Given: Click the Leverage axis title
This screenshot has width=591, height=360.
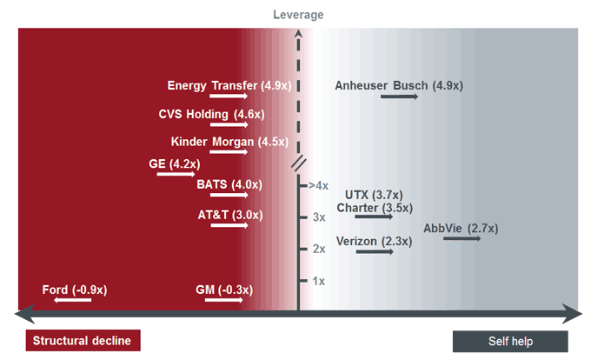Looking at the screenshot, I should (x=298, y=15).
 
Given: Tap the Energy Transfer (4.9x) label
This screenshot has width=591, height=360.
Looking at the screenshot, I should (x=229, y=85).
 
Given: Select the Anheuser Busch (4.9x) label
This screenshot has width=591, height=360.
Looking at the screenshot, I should (x=399, y=85).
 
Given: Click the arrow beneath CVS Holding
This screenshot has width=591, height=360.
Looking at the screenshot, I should (x=229, y=125).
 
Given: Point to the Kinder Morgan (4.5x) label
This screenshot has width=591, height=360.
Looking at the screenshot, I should (x=229, y=142).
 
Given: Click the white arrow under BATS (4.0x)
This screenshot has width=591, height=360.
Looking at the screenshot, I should (x=229, y=196).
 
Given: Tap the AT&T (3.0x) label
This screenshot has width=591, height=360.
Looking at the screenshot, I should (x=229, y=215).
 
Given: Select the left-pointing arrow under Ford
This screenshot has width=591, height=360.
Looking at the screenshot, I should (x=72, y=300).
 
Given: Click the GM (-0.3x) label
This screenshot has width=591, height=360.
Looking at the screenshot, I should (x=229, y=290).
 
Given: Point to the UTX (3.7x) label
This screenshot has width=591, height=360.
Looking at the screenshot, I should (x=374, y=195).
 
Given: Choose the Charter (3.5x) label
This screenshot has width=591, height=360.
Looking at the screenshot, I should (x=375, y=208).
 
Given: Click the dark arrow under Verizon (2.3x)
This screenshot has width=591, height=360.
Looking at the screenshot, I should (x=375, y=251).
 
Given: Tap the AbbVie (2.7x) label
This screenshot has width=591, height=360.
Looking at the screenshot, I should (x=461, y=229).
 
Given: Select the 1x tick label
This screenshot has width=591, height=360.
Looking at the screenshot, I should (x=318, y=281).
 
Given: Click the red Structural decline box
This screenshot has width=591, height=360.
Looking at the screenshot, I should (x=83, y=341).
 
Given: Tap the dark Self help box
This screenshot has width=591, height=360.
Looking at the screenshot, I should (x=510, y=341).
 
